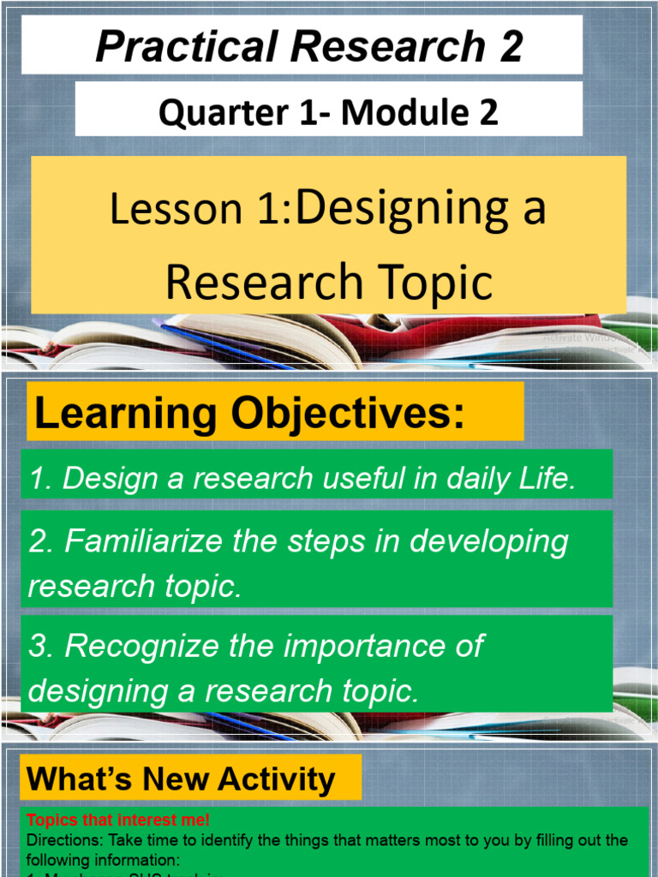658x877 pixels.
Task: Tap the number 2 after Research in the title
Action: click(x=511, y=46)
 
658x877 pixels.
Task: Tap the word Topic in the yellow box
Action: click(x=434, y=283)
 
